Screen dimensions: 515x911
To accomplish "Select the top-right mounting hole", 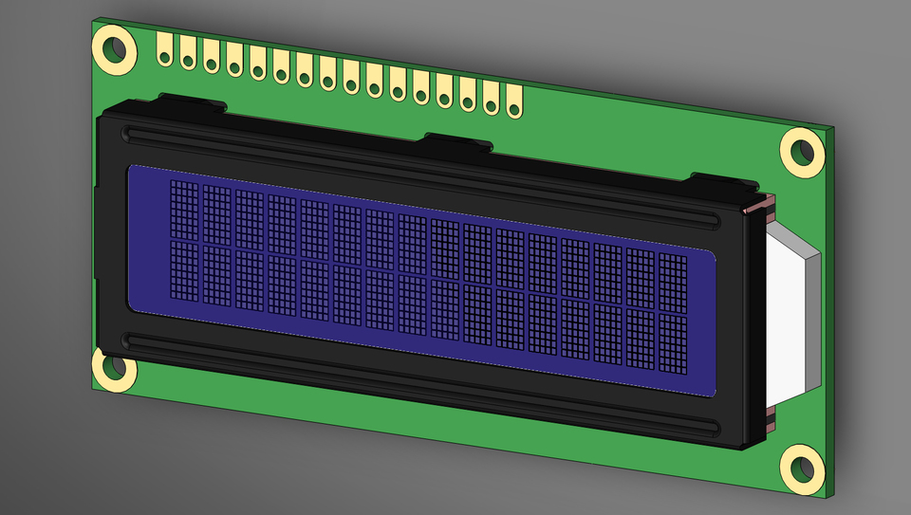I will click(x=803, y=150).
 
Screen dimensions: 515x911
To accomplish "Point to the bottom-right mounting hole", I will click(x=803, y=469).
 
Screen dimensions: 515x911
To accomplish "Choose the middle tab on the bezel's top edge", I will click(x=457, y=141).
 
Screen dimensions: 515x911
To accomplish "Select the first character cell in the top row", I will click(x=185, y=210).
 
